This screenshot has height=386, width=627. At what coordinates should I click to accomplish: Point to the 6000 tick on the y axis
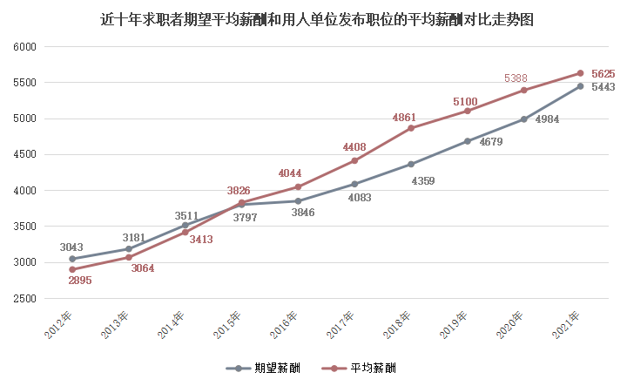24,46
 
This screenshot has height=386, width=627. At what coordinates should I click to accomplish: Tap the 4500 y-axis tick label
24,154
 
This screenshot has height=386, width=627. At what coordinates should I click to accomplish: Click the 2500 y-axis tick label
24,299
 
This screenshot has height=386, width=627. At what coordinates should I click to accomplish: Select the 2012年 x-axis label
57,323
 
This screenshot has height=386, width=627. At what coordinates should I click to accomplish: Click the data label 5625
603,74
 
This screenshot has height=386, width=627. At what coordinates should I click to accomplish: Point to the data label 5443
603,87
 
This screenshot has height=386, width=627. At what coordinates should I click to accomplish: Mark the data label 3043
72,247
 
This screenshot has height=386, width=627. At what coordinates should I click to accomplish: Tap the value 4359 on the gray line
422,181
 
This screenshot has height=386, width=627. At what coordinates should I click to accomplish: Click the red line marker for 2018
411,128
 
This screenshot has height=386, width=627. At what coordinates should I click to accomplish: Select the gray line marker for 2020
523,119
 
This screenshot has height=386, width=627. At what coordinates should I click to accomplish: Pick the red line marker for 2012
72,269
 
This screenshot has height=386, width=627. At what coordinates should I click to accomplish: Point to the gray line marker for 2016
298,201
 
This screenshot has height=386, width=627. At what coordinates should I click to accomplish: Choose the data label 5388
516,78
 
